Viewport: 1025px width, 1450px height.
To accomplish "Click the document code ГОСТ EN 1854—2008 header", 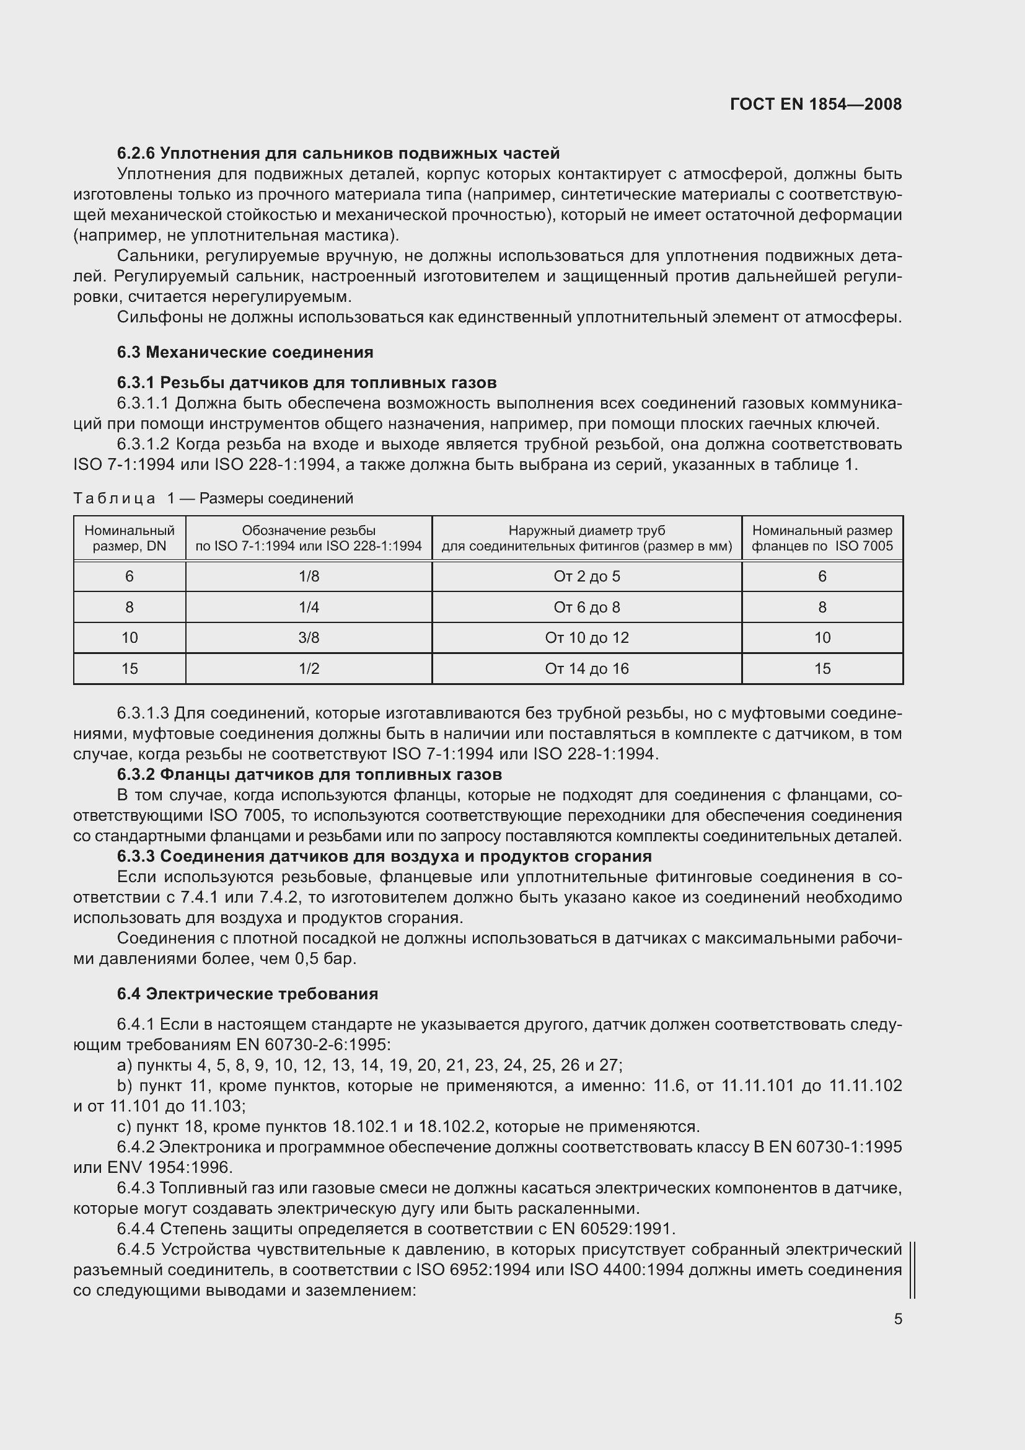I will [x=816, y=104].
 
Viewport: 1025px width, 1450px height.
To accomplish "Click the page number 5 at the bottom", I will [x=897, y=1319].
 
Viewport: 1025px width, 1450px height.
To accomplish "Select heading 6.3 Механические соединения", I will [x=245, y=352].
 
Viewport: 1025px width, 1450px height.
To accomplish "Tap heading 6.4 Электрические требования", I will [x=247, y=993].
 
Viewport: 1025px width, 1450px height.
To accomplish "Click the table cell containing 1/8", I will [x=309, y=576].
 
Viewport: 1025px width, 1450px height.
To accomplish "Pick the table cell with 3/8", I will [x=309, y=637].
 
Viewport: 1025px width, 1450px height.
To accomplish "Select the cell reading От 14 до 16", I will [x=586, y=668].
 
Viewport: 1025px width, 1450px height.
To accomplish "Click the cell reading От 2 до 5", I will [x=586, y=576].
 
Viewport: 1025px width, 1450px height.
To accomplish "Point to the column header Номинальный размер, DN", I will [x=130, y=538].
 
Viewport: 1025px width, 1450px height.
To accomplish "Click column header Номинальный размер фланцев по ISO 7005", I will [x=822, y=538].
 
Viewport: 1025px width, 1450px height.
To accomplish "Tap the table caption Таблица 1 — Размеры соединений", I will [x=213, y=498].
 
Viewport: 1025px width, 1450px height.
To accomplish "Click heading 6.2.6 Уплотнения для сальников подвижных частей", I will [x=338, y=154].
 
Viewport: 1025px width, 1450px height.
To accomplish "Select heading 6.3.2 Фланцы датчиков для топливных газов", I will [x=309, y=774].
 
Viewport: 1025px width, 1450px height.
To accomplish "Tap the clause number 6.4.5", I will [x=136, y=1249].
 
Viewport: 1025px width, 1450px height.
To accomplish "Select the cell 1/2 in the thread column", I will [x=309, y=668].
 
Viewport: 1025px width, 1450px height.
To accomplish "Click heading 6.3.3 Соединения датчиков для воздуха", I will [x=384, y=856].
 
